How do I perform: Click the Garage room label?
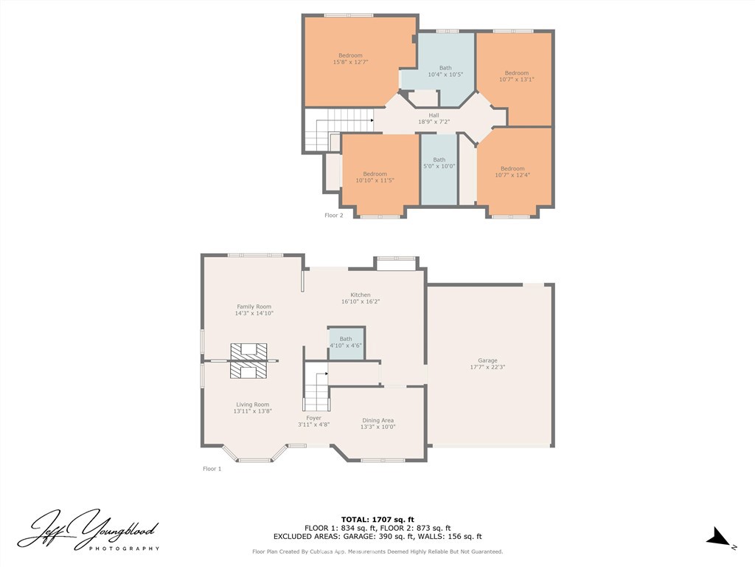[x=487, y=360]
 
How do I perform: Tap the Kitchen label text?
[x=360, y=295]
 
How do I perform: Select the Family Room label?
[x=254, y=306]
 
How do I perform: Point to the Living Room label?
[x=252, y=405]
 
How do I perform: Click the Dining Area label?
[x=377, y=420]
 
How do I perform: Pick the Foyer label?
[x=313, y=418]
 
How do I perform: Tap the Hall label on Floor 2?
[x=434, y=115]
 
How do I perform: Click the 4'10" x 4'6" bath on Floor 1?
[x=346, y=343]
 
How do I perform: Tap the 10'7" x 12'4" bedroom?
[x=512, y=172]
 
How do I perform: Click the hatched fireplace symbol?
[x=248, y=360]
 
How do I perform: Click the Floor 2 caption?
[x=334, y=216]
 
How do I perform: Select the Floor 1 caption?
[x=212, y=469]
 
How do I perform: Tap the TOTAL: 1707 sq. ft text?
[x=377, y=520]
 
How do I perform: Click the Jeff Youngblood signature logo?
[x=88, y=529]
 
